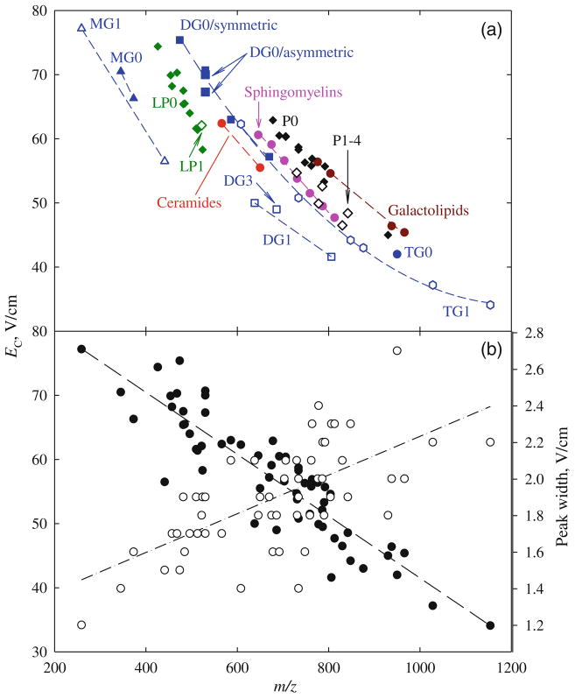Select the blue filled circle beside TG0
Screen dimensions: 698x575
click(397, 254)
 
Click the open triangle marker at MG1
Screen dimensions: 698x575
click(81, 28)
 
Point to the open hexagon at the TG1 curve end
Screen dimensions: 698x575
click(490, 305)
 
